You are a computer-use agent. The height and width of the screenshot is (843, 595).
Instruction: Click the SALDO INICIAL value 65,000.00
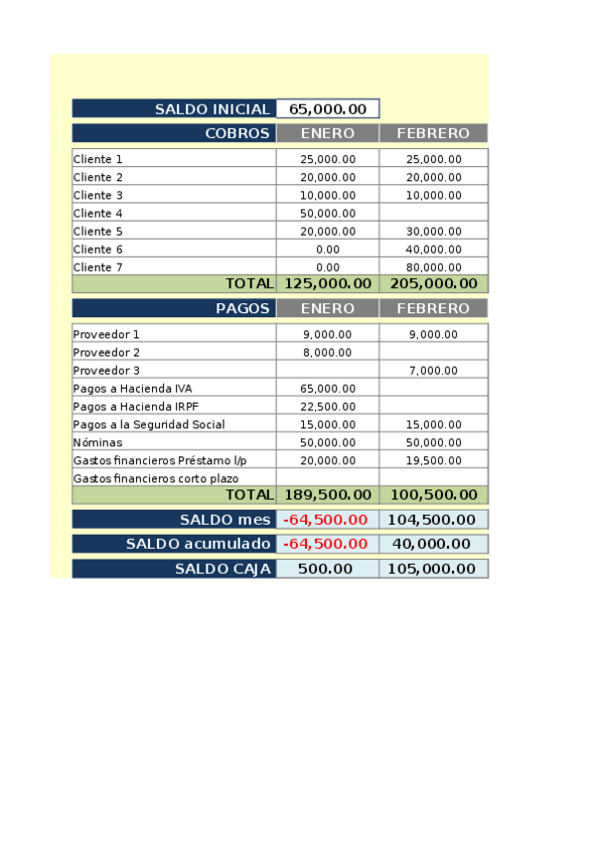coord(328,109)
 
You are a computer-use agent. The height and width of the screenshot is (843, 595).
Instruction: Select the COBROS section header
coord(237,133)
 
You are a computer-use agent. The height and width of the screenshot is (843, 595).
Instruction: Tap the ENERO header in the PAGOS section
coord(327,309)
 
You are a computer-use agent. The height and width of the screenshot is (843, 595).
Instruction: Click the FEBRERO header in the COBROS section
coord(432,133)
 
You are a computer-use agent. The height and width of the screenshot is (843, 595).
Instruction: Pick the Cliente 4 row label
coord(98,214)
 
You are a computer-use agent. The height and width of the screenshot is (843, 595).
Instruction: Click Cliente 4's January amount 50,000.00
coord(327,214)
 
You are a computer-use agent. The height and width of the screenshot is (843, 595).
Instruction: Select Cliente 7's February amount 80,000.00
coord(433,267)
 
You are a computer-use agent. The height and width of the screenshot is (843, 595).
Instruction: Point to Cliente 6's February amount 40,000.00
coord(433,250)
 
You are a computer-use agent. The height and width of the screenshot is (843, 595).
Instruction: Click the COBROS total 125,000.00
coord(327,284)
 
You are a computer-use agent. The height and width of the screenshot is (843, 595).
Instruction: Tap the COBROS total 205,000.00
coord(433,284)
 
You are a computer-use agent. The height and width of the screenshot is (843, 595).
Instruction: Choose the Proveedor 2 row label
coord(107,353)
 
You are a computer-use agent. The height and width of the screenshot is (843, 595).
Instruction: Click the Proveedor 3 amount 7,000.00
coord(433,371)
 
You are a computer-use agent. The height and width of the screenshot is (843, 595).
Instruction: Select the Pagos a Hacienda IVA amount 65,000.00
coord(327,389)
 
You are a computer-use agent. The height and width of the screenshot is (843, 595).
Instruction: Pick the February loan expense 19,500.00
coord(433,460)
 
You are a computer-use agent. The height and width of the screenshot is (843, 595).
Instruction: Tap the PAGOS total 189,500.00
coord(327,495)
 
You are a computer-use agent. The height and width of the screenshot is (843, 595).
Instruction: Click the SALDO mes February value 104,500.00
coord(433,520)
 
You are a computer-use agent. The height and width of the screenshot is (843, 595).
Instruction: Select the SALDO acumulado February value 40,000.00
coord(433,544)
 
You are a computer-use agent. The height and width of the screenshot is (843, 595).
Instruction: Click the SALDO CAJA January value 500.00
coord(327,569)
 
